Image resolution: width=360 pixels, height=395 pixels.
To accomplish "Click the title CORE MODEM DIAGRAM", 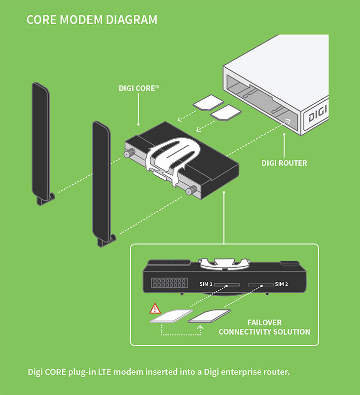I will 92,20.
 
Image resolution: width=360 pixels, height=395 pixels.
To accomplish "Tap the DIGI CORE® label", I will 139,88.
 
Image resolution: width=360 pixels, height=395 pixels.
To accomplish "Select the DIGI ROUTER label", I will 284,163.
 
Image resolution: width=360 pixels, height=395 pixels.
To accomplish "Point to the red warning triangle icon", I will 155,309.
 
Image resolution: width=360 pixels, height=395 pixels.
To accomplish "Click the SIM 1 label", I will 206,284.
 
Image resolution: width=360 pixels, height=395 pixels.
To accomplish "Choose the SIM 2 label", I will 282,284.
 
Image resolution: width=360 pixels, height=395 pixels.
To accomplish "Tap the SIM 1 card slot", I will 227,285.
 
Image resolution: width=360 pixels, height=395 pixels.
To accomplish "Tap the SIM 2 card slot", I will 261,285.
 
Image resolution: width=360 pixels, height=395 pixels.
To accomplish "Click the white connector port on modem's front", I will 169,283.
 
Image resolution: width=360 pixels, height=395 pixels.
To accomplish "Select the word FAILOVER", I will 264,322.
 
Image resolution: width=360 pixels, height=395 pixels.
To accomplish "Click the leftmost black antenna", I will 40,141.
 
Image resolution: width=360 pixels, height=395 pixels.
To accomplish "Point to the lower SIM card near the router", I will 226,113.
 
